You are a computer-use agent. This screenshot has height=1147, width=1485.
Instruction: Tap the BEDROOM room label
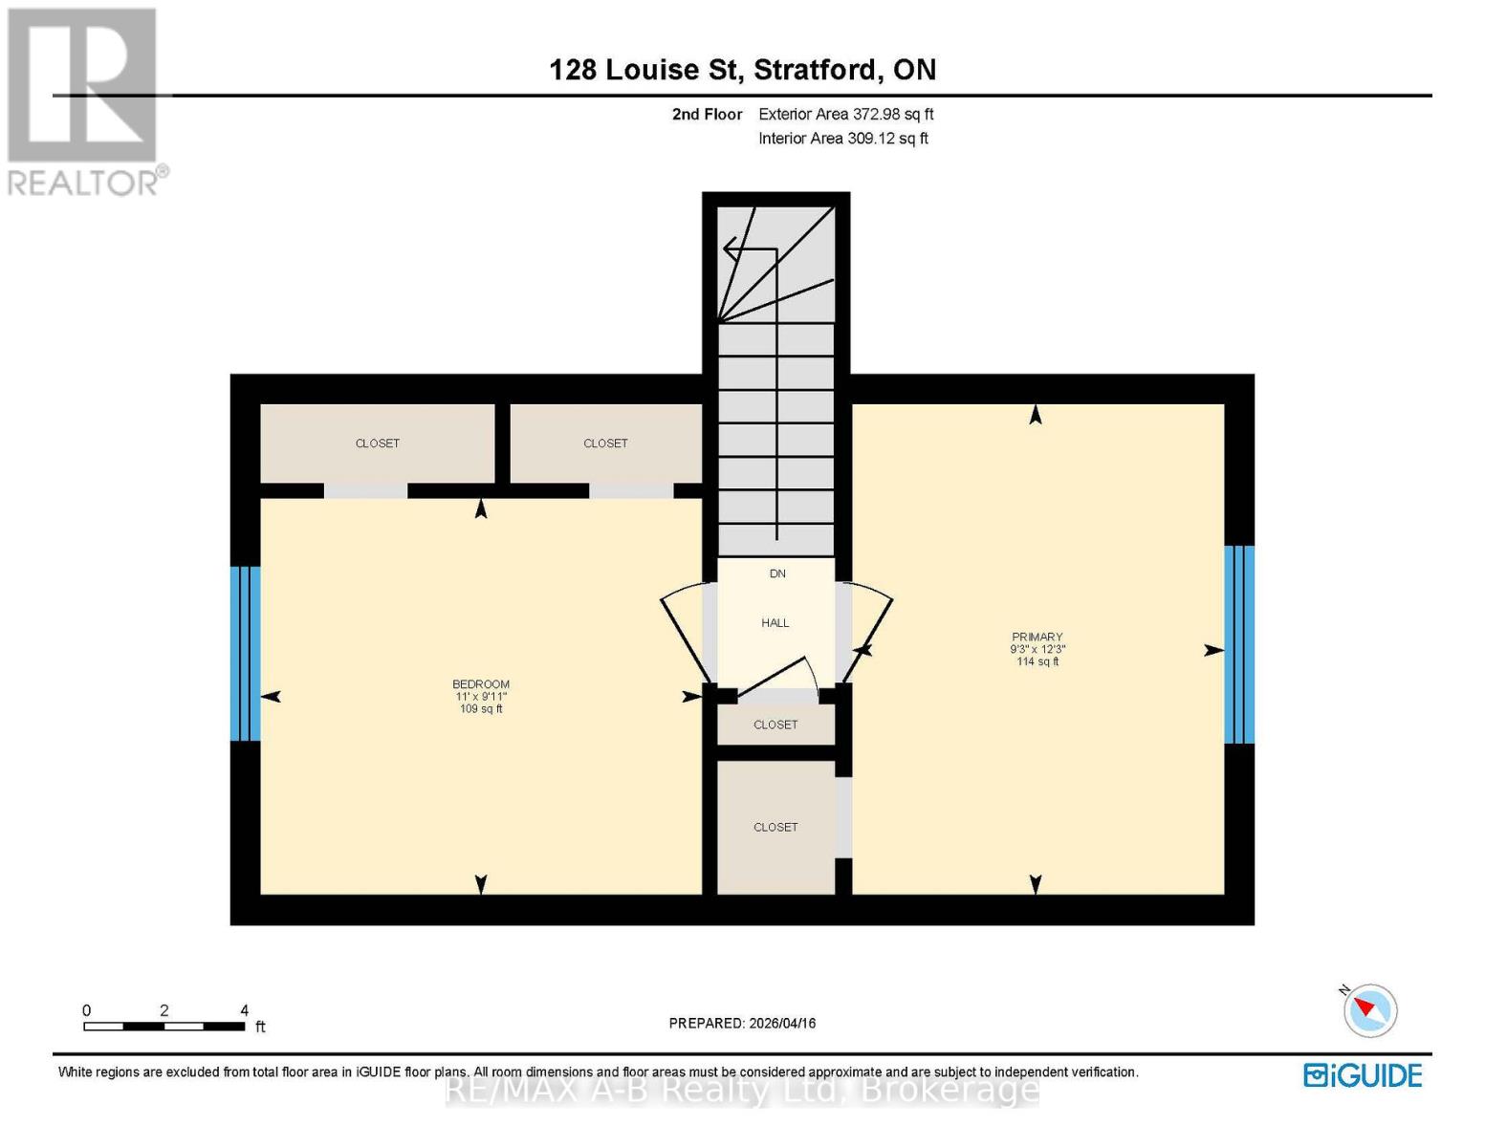pyautogui.click(x=481, y=684)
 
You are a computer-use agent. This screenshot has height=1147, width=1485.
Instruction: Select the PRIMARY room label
pyautogui.click(x=1037, y=638)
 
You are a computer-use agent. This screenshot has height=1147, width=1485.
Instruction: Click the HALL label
pyautogui.click(x=775, y=623)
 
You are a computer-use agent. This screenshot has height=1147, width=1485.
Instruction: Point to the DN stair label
pyautogui.click(x=777, y=573)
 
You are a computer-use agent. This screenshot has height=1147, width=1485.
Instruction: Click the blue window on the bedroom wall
pyautogui.click(x=246, y=654)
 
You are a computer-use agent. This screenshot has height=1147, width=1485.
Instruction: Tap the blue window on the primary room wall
pyautogui.click(x=1239, y=644)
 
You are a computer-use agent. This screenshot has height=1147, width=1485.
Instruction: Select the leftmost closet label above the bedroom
pyautogui.click(x=378, y=444)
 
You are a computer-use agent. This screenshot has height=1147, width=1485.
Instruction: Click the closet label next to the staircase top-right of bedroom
pyautogui.click(x=605, y=444)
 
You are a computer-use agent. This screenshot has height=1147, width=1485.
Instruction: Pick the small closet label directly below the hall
pyautogui.click(x=775, y=725)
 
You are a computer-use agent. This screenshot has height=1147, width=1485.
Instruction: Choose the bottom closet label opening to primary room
pyautogui.click(x=775, y=827)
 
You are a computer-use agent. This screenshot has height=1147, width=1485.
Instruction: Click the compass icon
pyautogui.click(x=1369, y=1010)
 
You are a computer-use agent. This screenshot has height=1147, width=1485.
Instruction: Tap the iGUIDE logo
pyautogui.click(x=1363, y=1075)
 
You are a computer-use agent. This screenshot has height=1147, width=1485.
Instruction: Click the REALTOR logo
pyautogui.click(x=85, y=100)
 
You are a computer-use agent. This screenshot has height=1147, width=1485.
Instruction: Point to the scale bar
pyautogui.click(x=164, y=1027)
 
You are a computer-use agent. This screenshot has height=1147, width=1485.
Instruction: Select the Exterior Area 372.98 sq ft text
pyautogui.click(x=845, y=114)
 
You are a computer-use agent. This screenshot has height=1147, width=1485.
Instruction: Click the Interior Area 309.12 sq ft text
pyautogui.click(x=842, y=139)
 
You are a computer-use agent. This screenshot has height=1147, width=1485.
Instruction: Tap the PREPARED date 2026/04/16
pyautogui.click(x=742, y=1023)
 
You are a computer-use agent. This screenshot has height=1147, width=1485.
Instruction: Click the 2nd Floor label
pyautogui.click(x=707, y=114)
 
